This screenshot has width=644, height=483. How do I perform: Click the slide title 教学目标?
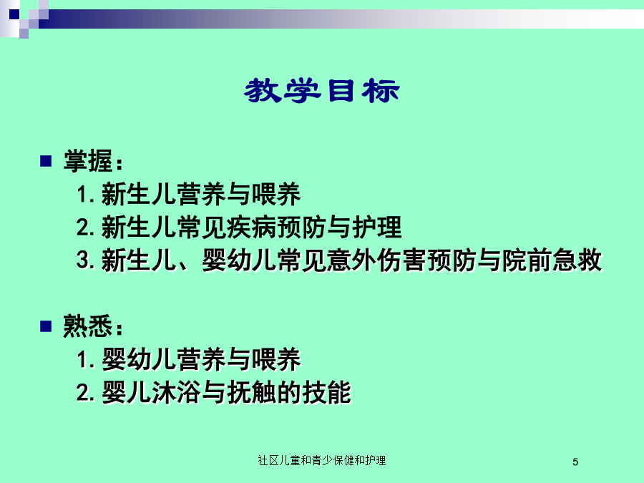pos(321,91)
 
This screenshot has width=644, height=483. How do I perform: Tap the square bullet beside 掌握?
pos(46,161)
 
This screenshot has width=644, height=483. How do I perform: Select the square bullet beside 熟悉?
pos(46,326)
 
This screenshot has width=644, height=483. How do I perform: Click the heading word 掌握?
pos(88,160)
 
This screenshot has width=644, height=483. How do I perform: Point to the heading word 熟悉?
pos(88,326)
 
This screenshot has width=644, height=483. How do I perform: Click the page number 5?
pos(575,462)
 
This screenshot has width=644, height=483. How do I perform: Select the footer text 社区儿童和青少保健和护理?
pos(321,460)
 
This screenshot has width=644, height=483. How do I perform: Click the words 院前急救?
pos(552,260)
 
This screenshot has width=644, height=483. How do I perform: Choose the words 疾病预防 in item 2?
pos(277,227)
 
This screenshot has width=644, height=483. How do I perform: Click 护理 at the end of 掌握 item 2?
pos(376,227)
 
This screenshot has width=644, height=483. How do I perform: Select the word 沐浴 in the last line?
pos(177,392)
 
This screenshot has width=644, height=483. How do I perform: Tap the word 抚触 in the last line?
pos(252,392)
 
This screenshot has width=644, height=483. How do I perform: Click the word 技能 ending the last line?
pos(327,392)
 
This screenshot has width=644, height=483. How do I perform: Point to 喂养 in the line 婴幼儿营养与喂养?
pos(276,359)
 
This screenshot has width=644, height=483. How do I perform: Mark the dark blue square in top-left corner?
pos(14,14)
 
